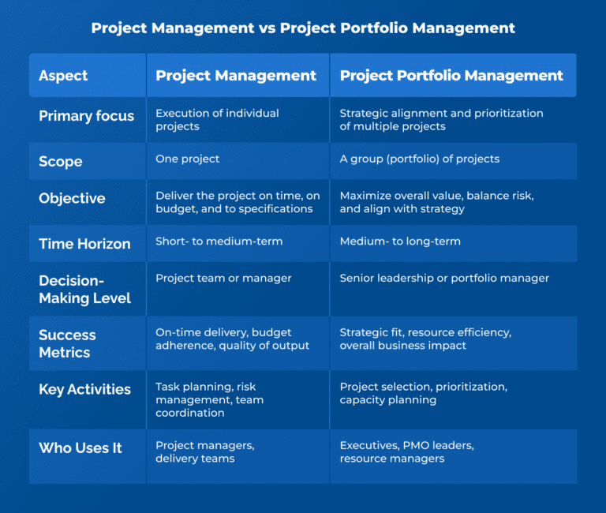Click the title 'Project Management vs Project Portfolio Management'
click(x=303, y=28)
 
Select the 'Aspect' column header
click(x=63, y=76)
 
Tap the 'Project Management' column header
click(x=236, y=76)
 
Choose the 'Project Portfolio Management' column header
click(x=451, y=76)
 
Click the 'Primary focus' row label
click(x=86, y=116)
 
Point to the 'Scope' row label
click(x=60, y=161)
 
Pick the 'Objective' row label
click(x=72, y=198)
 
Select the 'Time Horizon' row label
click(x=84, y=244)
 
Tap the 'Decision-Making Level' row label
click(x=84, y=289)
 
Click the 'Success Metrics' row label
click(x=67, y=343)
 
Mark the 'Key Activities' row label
click(x=84, y=389)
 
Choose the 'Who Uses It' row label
click(x=80, y=448)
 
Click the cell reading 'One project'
click(x=188, y=159)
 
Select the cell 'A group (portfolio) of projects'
click(x=419, y=159)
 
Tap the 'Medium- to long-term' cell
click(x=400, y=242)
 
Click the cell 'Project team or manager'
click(x=223, y=278)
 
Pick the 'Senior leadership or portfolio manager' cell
click(x=444, y=278)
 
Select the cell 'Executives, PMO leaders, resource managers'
click(x=406, y=452)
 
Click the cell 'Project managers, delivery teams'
click(x=204, y=452)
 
